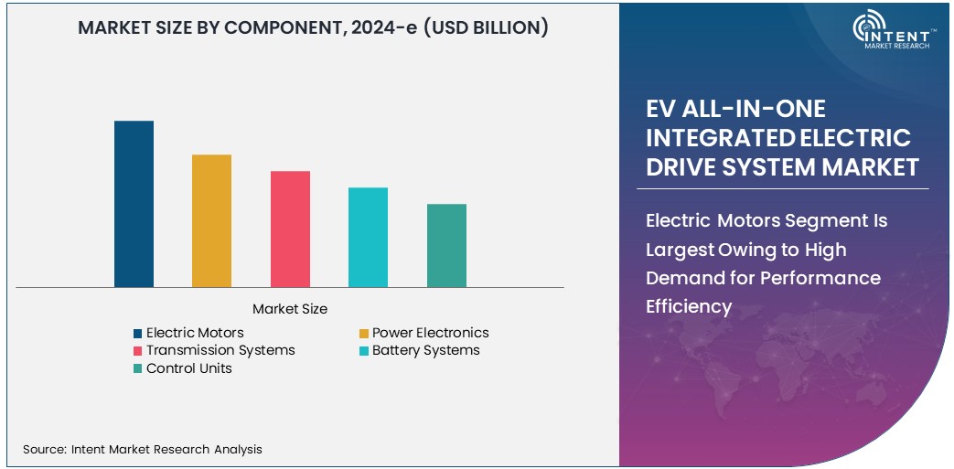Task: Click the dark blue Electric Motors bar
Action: pyautogui.click(x=134, y=204)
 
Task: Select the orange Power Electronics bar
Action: pyautogui.click(x=211, y=220)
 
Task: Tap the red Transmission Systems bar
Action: pyautogui.click(x=290, y=229)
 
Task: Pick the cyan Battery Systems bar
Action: pyautogui.click(x=368, y=237)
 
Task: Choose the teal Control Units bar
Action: pyautogui.click(x=446, y=245)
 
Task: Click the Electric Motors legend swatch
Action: pyautogui.click(x=138, y=334)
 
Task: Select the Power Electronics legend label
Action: pyautogui.click(x=430, y=333)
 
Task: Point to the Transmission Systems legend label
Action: pyautogui.click(x=220, y=350)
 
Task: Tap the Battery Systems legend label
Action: pyautogui.click(x=425, y=350)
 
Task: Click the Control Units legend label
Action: pyautogui.click(x=189, y=368)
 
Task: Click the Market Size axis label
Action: pyautogui.click(x=290, y=309)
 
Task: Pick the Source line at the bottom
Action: pyautogui.click(x=143, y=449)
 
